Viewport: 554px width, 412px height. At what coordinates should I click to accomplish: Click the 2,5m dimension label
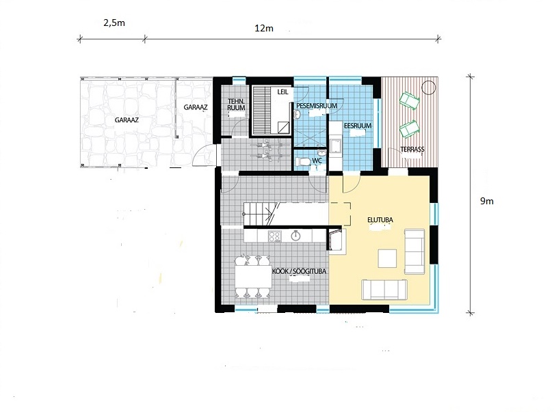click(114, 23)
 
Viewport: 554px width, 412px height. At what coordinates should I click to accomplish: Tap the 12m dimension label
click(264, 28)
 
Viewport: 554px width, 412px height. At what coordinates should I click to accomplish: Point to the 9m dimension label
click(486, 202)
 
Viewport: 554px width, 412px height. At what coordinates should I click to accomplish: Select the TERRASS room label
click(412, 150)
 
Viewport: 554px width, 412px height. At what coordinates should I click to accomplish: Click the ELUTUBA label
click(380, 220)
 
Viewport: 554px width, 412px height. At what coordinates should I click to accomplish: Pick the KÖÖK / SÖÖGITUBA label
click(299, 271)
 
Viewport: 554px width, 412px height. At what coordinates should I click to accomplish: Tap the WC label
click(317, 161)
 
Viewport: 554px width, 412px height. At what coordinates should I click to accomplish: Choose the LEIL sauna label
click(282, 92)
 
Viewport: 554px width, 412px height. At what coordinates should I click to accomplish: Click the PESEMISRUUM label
click(317, 106)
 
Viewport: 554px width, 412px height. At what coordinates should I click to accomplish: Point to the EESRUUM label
click(358, 126)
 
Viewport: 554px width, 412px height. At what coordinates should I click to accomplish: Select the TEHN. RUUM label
click(237, 105)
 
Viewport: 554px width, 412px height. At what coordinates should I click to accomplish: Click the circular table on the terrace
click(429, 87)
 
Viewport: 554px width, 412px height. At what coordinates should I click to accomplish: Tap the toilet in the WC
click(302, 162)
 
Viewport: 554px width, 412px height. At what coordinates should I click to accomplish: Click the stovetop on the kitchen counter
click(275, 236)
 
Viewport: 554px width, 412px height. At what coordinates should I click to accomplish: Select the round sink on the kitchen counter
click(295, 236)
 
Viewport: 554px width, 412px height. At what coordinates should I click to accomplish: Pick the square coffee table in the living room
click(387, 258)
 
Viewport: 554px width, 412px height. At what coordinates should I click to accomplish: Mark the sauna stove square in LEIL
click(283, 128)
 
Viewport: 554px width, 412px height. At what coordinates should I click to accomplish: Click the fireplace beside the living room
click(336, 240)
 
